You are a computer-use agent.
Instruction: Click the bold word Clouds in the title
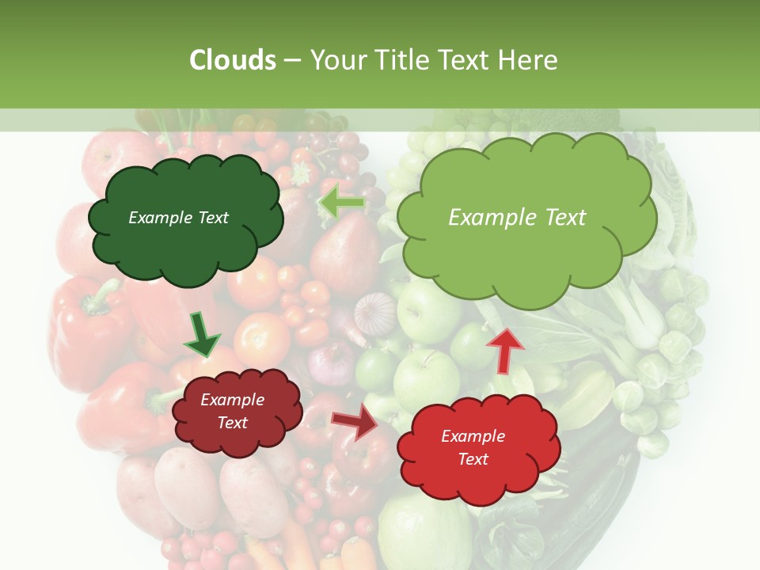233,60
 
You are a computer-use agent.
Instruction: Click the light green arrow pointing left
342,203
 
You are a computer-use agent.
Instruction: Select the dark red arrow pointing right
355,422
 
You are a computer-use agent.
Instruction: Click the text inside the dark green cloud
178,218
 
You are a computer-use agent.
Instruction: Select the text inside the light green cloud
517,218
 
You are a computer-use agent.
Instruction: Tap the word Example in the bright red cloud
473,436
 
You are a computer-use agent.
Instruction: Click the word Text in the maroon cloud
232,423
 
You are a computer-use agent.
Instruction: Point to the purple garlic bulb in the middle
374,313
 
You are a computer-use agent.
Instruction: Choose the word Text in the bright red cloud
473,459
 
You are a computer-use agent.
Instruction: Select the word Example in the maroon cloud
232,400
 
